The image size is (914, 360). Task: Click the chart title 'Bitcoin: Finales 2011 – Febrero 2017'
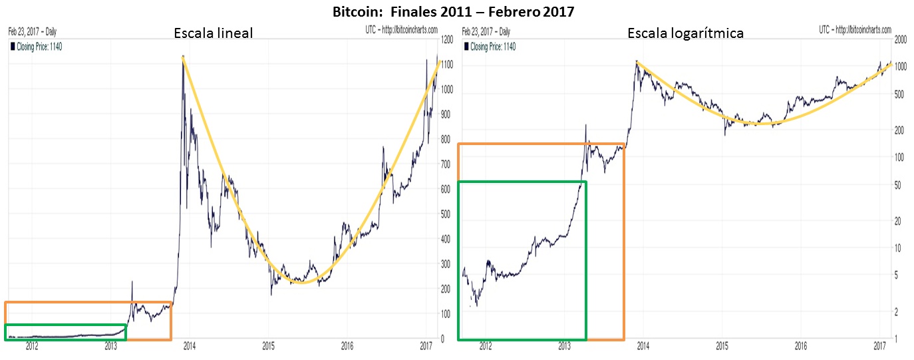click(x=457, y=11)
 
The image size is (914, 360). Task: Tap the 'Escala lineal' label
click(x=213, y=33)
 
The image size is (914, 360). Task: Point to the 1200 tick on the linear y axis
click(x=446, y=41)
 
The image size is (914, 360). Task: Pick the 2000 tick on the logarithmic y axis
click(x=901, y=40)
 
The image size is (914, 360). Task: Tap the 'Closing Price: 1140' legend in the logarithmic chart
click(x=492, y=47)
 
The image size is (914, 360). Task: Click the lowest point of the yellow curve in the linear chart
click(x=303, y=283)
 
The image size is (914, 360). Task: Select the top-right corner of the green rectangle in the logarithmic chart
click(x=585, y=182)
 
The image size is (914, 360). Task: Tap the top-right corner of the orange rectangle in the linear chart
click(x=171, y=303)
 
